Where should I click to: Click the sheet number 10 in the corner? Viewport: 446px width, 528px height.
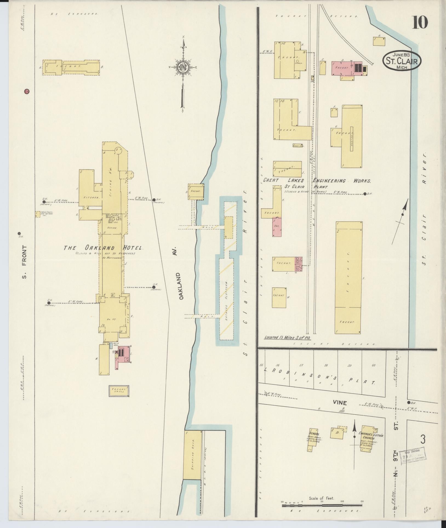coord(419,22)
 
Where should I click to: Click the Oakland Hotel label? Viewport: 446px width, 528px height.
coord(104,248)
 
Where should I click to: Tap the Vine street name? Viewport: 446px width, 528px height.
coord(340,403)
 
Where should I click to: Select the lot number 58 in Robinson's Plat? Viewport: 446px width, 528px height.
coord(326,365)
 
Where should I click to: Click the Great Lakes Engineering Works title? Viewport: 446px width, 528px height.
coord(317,181)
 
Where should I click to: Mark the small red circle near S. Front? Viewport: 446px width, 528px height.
coord(27,92)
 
